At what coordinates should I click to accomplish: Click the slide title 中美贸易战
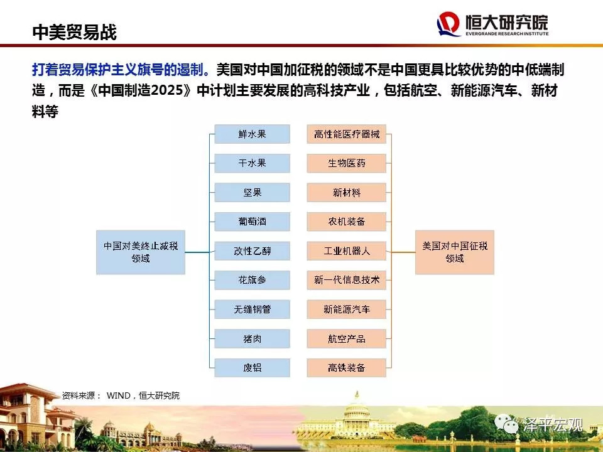click(74, 32)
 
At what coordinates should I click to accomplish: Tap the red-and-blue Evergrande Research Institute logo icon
click(448, 24)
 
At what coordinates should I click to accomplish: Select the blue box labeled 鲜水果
click(252, 134)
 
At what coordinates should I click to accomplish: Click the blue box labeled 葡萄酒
click(252, 222)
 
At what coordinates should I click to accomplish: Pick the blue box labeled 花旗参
click(252, 280)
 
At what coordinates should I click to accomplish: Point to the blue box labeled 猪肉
click(252, 338)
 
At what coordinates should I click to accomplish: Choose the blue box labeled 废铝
click(252, 368)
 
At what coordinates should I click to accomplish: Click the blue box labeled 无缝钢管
click(252, 309)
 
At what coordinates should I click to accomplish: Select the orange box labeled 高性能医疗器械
click(347, 134)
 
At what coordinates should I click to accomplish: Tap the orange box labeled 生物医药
click(347, 163)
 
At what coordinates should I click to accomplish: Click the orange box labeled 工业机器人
click(347, 251)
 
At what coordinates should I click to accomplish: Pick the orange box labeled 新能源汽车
click(347, 309)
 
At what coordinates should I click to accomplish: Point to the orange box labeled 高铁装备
click(347, 368)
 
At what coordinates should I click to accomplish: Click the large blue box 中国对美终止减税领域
click(141, 252)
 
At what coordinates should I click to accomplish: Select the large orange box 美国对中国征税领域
click(455, 252)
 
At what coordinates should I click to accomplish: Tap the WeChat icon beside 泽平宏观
click(506, 424)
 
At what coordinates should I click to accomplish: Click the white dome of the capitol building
click(357, 408)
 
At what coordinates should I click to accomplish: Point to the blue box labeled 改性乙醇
click(252, 251)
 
